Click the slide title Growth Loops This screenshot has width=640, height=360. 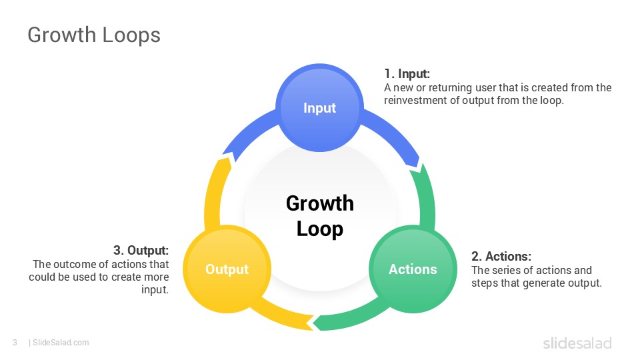tap(93, 35)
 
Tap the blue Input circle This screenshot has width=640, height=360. tap(319, 108)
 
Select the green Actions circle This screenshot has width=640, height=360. tap(413, 269)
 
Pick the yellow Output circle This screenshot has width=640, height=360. tap(227, 269)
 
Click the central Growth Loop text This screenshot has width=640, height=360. tap(319, 215)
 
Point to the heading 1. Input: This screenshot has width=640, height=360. tap(407, 74)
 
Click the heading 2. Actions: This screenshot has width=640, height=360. tap(501, 257)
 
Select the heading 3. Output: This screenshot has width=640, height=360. tap(141, 251)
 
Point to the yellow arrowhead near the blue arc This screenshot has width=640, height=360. tap(226, 158)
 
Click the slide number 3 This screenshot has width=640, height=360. tap(15, 343)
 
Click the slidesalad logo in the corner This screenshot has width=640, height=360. tap(576, 343)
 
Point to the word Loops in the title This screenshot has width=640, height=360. tap(130, 35)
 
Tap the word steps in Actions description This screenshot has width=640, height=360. tap(485, 283)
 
